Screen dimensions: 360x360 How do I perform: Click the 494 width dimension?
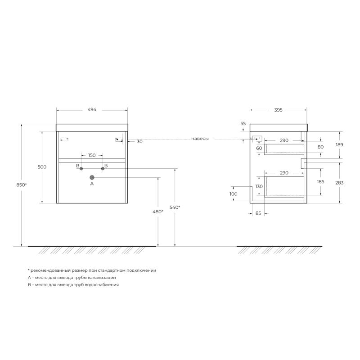(x=92, y=110)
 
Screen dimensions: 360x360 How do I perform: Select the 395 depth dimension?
(x=278, y=110)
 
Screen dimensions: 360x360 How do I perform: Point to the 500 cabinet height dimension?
(x=42, y=167)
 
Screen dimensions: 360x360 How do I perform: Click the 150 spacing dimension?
(x=92, y=155)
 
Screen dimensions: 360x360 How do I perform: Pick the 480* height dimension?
(x=158, y=211)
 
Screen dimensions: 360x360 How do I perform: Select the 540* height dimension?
(x=175, y=207)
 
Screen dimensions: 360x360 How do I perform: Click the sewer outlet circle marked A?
(x=92, y=177)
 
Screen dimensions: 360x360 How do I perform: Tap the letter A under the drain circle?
(x=92, y=184)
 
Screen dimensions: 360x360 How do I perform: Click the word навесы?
(x=200, y=139)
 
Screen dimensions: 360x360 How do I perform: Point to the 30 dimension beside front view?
(x=139, y=141)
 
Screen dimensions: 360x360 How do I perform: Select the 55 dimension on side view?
(x=243, y=123)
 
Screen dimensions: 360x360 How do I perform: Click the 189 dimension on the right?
(x=339, y=144)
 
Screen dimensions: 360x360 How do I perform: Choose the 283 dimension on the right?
(x=339, y=182)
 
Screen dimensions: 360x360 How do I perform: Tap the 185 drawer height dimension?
(x=320, y=182)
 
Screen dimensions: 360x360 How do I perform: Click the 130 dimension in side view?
(x=259, y=186)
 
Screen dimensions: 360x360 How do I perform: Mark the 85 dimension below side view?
(x=258, y=213)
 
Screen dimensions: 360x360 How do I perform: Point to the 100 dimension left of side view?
(x=233, y=194)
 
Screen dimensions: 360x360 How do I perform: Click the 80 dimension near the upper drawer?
(x=320, y=147)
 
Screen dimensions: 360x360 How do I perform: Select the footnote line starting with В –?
(x=73, y=285)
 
